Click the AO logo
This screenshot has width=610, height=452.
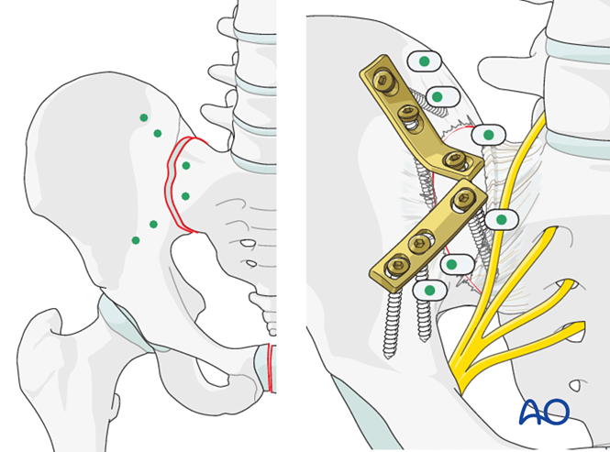[544, 413]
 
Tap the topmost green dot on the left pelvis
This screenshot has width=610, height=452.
[143, 117]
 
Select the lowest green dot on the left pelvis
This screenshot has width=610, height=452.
[136, 240]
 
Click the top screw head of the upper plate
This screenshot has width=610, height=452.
[383, 82]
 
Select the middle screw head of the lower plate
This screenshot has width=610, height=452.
[420, 243]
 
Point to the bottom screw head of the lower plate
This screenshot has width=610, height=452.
[395, 267]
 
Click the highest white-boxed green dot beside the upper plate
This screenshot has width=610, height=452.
[424, 61]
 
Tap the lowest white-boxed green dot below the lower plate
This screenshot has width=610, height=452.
[428, 291]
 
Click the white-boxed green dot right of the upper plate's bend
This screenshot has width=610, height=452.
[489, 136]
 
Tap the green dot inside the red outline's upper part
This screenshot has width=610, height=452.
[186, 165]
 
